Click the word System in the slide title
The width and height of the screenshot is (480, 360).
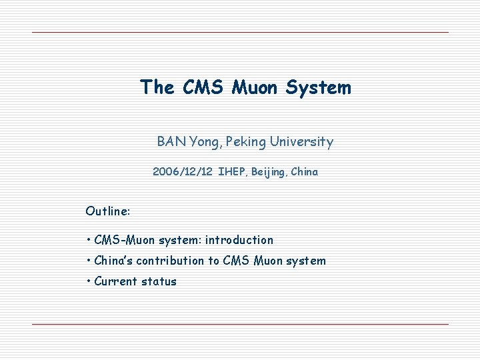317,87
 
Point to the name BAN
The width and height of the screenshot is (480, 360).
171,141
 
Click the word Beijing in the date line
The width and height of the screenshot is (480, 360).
269,172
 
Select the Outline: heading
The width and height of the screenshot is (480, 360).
108,211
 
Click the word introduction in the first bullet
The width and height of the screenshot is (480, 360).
239,240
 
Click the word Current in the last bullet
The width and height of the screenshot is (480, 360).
116,281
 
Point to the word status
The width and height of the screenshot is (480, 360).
159,281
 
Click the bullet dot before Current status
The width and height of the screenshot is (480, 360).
89,281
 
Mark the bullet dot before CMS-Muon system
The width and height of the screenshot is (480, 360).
89,240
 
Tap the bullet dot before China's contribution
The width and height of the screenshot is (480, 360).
89,261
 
